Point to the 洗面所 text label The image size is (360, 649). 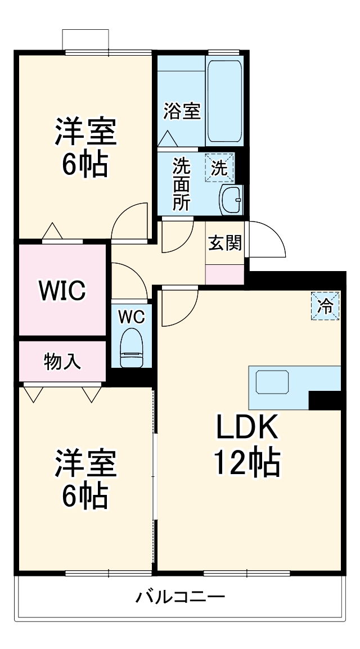[x=181, y=184]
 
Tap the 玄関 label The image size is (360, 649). [x=225, y=243]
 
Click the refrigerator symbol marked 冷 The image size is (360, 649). [x=326, y=306]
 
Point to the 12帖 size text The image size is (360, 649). [x=246, y=463]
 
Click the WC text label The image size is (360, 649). [x=131, y=317]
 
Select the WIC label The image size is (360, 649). [x=62, y=290]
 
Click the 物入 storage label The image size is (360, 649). [x=62, y=362]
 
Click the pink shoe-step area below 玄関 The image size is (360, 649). [x=225, y=274]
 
